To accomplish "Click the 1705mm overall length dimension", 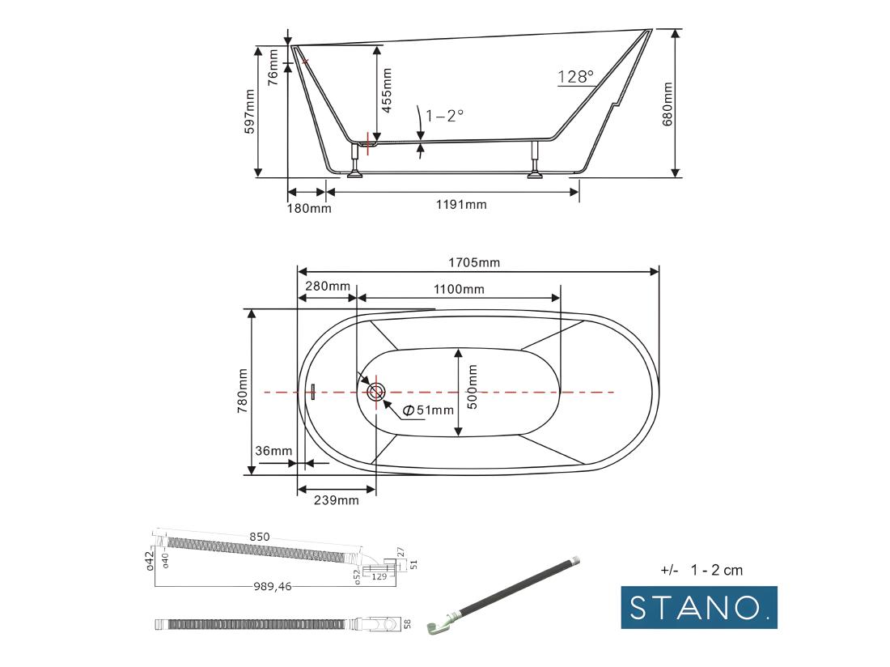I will [474, 262].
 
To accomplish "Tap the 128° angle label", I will [575, 77].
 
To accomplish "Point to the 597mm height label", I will [249, 111].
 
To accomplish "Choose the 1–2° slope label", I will [444, 115].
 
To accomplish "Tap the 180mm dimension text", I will [309, 208].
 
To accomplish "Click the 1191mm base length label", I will [461, 204].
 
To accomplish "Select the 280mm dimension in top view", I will [328, 286].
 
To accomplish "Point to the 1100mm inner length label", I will [458, 289].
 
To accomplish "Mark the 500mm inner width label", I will [473, 386].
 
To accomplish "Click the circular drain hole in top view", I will [376, 392].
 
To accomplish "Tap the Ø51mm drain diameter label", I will [428, 410].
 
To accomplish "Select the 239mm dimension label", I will [336, 500].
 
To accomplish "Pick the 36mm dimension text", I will [273, 451].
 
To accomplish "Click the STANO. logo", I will [698, 607].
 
